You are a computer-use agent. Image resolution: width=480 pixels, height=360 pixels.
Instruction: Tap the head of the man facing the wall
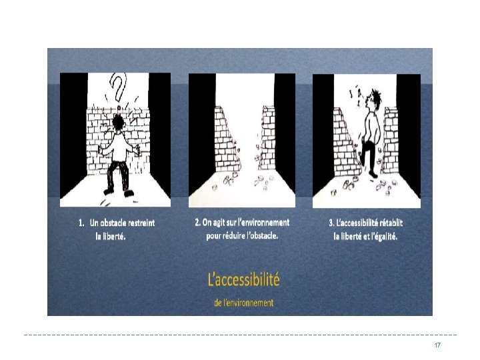pos(118,122)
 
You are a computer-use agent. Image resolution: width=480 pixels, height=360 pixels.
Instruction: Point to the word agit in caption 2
pos(219,223)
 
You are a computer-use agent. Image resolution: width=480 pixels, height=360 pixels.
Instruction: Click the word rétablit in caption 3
pos(391,223)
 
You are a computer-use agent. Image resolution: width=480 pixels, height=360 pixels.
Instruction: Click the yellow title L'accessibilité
pos(244,279)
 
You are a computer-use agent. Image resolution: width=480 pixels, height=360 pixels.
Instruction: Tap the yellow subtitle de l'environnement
pos(244,303)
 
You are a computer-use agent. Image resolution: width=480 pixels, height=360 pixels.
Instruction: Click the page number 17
pos(437,345)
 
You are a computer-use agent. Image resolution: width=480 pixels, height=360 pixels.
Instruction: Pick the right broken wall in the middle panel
pos(267,138)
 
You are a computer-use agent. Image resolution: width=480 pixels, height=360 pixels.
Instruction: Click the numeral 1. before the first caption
pos(81,223)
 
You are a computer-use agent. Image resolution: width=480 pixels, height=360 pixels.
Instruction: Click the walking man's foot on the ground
pos(373,175)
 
